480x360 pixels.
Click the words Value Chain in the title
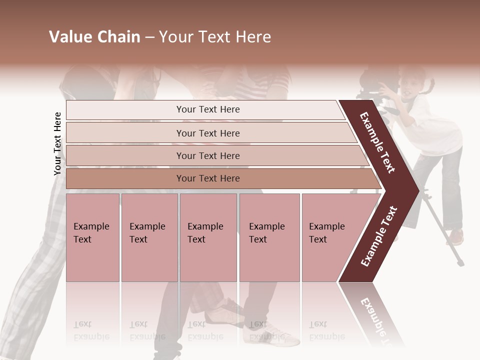(94, 37)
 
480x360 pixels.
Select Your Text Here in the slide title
(215, 37)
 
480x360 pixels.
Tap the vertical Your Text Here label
(57, 143)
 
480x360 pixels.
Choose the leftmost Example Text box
(92, 237)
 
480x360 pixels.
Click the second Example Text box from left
(149, 237)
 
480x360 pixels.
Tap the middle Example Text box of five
(208, 237)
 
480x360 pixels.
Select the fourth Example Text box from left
(269, 237)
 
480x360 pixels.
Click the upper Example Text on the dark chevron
(377, 142)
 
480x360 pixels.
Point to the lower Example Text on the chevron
(379, 236)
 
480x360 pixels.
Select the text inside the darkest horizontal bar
(208, 178)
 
